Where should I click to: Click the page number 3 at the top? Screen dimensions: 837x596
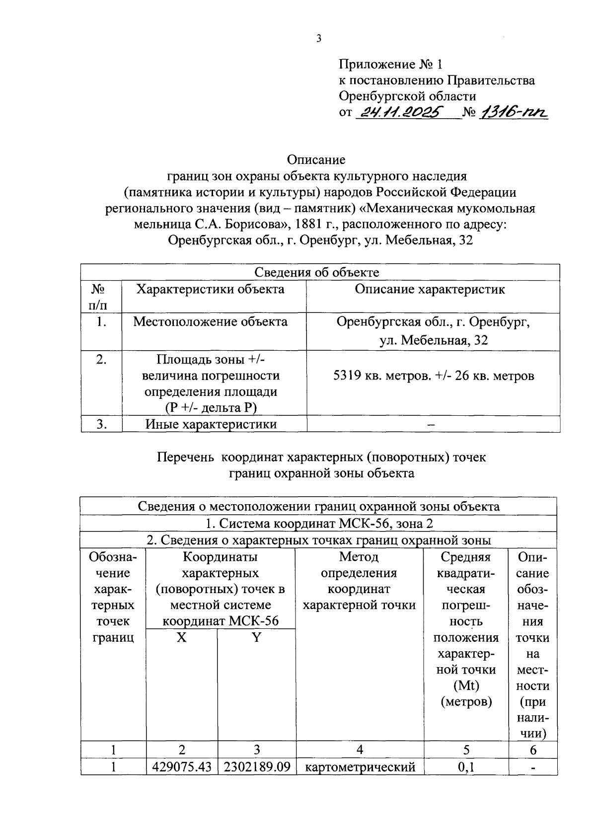point(318,39)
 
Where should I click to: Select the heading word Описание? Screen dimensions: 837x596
point(316,160)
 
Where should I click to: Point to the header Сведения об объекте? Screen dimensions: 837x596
point(317,272)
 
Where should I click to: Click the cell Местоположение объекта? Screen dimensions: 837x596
point(210,322)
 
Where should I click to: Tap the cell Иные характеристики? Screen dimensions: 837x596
point(211,424)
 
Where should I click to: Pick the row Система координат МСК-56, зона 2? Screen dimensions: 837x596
point(319,524)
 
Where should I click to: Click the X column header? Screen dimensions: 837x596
point(182,637)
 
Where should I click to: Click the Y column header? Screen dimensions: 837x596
point(256,637)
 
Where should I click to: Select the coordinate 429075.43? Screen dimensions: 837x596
point(182,767)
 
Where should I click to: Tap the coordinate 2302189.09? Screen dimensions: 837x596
point(257,767)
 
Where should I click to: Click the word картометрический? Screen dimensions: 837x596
point(360,767)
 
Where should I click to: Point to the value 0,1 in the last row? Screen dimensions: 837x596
point(466,767)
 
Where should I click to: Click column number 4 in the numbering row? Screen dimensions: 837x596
point(360,750)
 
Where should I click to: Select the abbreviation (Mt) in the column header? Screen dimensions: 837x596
point(466,686)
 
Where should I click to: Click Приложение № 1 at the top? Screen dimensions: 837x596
point(390,65)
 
